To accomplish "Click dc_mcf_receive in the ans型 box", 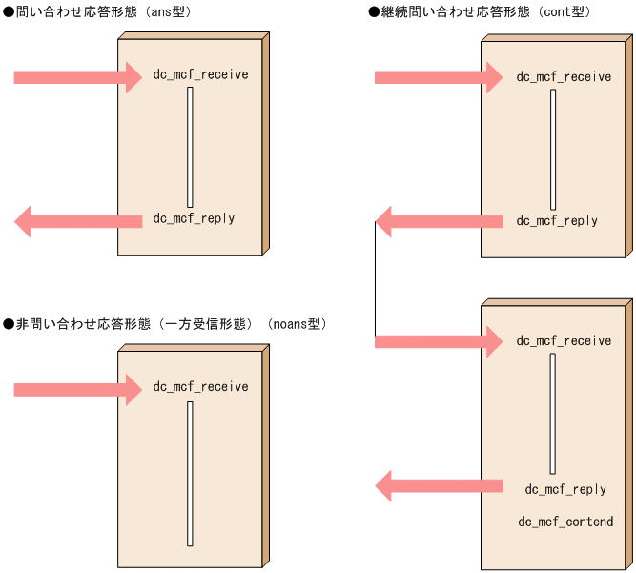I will [200, 74].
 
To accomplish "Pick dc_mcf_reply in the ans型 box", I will [194, 218].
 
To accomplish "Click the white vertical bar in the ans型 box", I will [190, 147].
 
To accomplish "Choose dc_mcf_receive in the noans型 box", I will [200, 386].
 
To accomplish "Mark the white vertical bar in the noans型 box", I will [190, 474].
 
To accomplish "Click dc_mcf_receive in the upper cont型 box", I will [564, 76].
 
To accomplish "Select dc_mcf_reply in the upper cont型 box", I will [557, 220].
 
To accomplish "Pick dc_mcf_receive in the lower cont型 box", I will [564, 340].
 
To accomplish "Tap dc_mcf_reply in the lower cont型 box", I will [565, 489].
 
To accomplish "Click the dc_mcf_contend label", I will [565, 522].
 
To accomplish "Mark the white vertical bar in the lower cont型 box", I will [552, 414].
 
